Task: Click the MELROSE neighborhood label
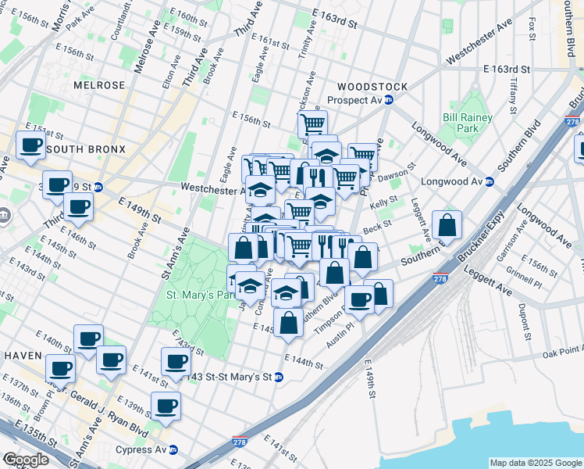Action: pos(99,84)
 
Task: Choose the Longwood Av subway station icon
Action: pos(490,181)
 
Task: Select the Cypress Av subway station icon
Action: pos(173,449)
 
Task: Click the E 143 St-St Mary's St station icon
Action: pos(279,377)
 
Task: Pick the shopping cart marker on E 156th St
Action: pos(312,124)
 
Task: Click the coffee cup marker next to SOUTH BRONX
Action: pos(31,145)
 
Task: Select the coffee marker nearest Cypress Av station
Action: pos(166,406)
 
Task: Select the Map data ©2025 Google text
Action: pos(535,463)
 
